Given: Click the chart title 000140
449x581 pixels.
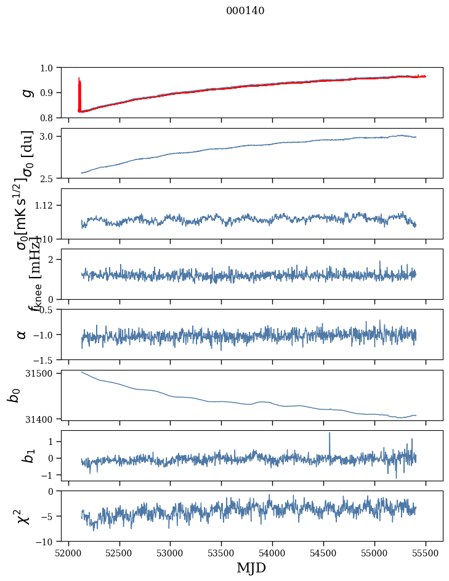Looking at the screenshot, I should point(245,10).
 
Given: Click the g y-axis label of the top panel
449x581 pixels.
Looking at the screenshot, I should point(26,92).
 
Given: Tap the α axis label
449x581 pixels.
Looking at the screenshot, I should point(22,334).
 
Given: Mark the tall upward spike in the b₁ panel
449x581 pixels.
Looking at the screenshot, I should point(330,435).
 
